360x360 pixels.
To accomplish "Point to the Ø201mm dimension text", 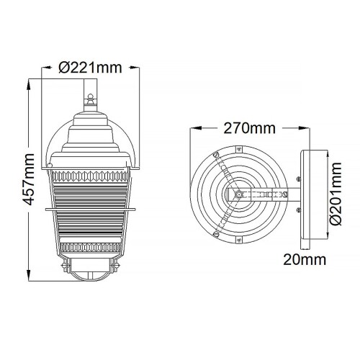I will [x=334, y=195].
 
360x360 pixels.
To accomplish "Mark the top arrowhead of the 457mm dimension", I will [x=28, y=81].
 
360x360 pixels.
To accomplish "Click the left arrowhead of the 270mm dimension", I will [x=192, y=129].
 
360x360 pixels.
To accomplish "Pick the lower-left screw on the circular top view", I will [x=215, y=232].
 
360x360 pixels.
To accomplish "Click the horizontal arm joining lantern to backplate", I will [x=270, y=194].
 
